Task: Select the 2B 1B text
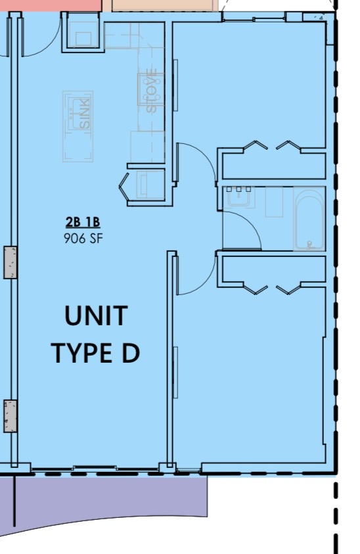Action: (83, 223)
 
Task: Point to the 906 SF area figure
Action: (83, 238)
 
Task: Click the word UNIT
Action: (96, 316)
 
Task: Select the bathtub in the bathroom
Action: (309, 219)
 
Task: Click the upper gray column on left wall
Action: (11, 262)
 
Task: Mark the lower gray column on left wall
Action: (11, 415)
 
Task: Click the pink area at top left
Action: (49, 5)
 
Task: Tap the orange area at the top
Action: (164, 5)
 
